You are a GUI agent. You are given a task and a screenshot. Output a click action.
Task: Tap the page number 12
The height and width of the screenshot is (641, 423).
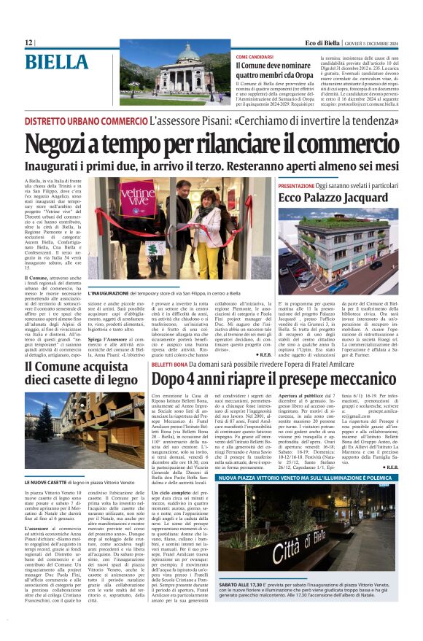coord(28,43)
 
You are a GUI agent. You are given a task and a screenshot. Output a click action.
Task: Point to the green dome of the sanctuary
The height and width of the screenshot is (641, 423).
coord(188,54)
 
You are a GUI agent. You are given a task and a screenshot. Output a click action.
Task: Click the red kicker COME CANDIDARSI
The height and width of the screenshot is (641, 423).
coord(255,56)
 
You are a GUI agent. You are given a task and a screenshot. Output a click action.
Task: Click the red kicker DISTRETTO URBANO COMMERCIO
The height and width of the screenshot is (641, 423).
coord(87,120)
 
